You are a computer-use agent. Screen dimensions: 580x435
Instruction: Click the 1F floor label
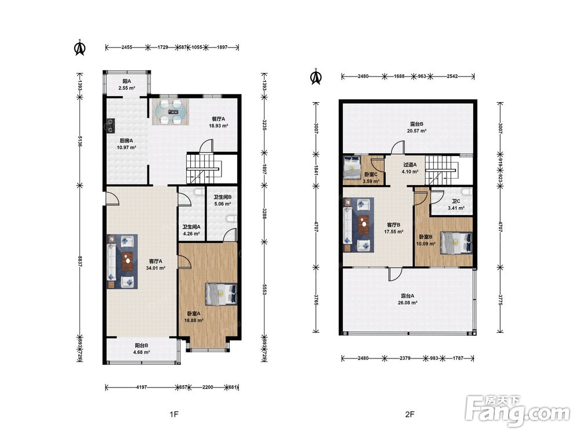tap(174, 414)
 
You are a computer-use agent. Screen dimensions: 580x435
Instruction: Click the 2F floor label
tap(409, 414)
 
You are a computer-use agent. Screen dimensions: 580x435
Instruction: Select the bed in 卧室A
tap(221, 294)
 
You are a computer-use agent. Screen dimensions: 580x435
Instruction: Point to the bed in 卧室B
tap(456, 242)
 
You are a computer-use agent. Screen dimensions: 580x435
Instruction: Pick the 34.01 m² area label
tap(155, 268)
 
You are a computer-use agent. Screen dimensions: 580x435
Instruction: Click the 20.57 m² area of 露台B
tap(417, 131)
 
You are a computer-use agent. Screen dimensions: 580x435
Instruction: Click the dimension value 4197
tap(142, 387)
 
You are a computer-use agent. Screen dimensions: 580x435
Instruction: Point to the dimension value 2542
tap(452, 76)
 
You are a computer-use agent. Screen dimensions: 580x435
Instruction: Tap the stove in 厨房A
tap(110, 125)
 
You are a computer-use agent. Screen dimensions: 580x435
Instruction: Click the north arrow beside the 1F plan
tap(80, 48)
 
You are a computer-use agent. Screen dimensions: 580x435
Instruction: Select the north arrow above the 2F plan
tap(316, 77)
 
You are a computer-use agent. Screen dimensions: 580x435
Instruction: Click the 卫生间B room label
tap(223, 197)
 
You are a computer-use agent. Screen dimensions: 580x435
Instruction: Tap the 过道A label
tap(410, 165)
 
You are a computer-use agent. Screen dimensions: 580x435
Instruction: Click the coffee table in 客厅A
tap(128, 261)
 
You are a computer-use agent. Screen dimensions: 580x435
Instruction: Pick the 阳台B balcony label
tap(142, 346)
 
